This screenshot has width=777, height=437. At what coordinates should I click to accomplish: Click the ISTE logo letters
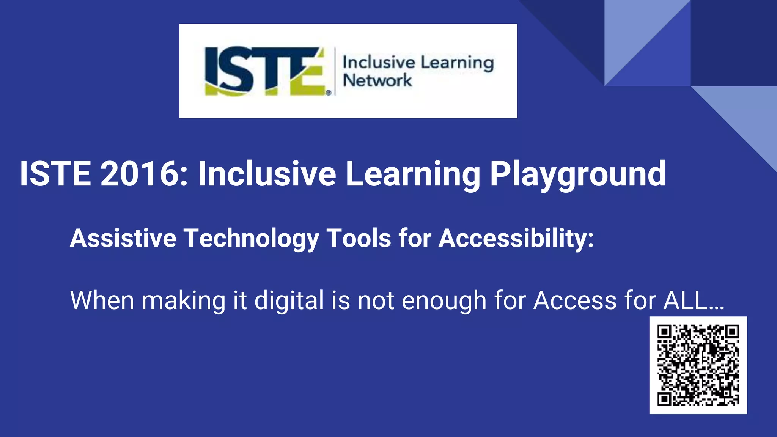[266, 71]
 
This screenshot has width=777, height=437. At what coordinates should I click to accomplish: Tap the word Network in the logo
[377, 80]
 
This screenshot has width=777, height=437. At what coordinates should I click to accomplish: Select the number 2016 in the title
[144, 174]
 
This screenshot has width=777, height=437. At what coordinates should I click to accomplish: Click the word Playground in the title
[577, 174]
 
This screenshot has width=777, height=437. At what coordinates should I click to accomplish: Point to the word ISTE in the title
[55, 174]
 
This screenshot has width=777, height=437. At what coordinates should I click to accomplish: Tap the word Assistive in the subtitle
[123, 238]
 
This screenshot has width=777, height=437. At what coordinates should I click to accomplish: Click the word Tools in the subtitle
[359, 238]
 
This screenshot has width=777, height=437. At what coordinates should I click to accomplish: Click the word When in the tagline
[102, 300]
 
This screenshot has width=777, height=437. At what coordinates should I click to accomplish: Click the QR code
[698, 365]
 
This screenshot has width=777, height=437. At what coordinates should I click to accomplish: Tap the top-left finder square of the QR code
[664, 332]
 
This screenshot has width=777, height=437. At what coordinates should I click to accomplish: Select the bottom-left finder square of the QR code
[664, 399]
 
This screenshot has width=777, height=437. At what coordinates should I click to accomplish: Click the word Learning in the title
[413, 174]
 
